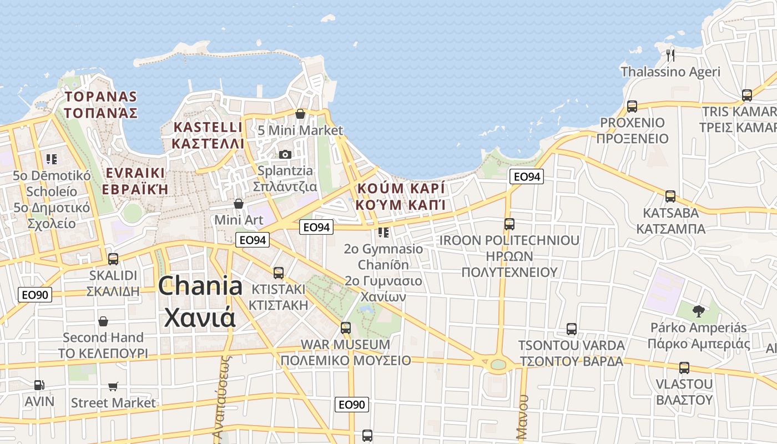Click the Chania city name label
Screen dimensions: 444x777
coord(200,302)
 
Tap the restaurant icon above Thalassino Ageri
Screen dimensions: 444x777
coord(670,54)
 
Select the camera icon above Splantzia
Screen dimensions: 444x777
coord(285,154)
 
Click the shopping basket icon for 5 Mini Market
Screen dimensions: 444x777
coord(300,114)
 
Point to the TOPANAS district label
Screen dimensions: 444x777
coord(100,104)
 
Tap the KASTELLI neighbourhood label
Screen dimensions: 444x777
coord(208,135)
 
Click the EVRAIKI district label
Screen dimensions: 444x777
coord(135,180)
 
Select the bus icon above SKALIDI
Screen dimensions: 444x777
coord(113,259)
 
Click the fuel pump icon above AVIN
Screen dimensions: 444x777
coord(39,385)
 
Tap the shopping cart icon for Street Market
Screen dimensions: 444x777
coord(113,386)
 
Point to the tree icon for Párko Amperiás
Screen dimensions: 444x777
coord(698,311)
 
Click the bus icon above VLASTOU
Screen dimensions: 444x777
coord(684,367)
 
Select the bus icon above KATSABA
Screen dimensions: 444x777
coord(670,196)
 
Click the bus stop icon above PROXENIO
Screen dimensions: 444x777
coord(632,106)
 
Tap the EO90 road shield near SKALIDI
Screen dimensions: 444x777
coord(36,295)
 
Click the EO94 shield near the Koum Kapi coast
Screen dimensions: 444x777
coord(526,176)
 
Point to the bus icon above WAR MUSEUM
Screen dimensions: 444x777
coord(346,327)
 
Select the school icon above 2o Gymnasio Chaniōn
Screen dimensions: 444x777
coord(383,232)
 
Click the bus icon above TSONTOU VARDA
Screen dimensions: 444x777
coord(572,329)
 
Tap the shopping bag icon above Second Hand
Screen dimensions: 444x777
coord(103,321)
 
